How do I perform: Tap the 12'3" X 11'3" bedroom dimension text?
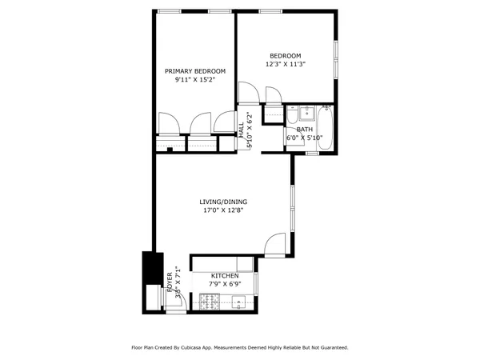click(286, 64)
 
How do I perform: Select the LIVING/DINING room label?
click(223, 202)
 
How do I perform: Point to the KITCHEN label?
click(225, 275)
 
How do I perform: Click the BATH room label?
click(304, 129)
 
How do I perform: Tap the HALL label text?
click(242, 129)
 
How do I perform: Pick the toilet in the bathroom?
click(308, 113)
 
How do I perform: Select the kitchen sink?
click(238, 302)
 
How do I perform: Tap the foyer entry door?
click(178, 298)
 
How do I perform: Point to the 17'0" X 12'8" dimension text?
click(223, 211)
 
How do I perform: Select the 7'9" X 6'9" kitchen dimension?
click(225, 284)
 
